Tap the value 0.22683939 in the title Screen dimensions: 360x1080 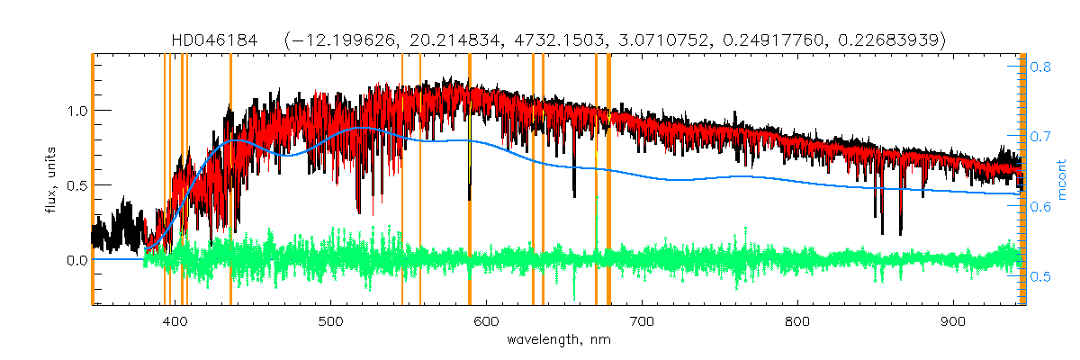coord(890,40)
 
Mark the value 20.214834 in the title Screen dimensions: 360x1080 coord(463,40)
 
